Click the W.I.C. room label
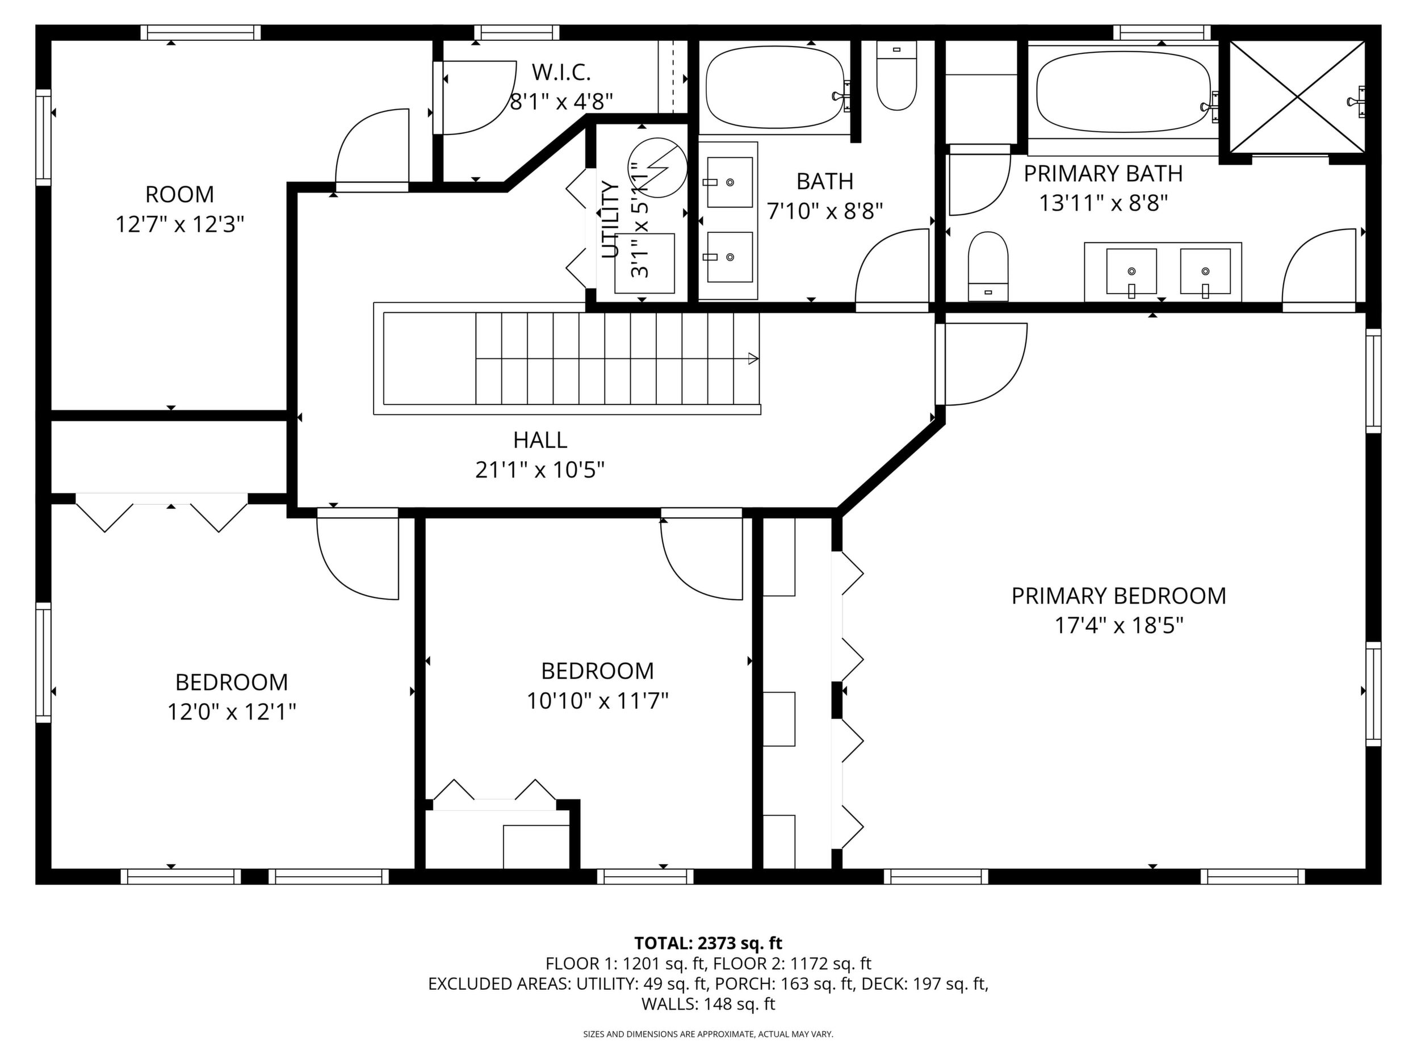pyautogui.click(x=561, y=73)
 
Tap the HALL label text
pyautogui.click(x=540, y=440)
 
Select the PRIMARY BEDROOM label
pyautogui.click(x=1118, y=596)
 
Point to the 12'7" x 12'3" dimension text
pyautogui.click(x=180, y=225)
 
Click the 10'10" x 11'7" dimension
pyautogui.click(x=598, y=701)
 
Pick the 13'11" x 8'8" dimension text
pyautogui.click(x=1103, y=204)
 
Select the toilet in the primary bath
pyautogui.click(x=988, y=266)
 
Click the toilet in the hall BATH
pyautogui.click(x=897, y=76)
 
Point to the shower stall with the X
pyautogui.click(x=1297, y=97)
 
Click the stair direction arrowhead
pyautogui.click(x=753, y=359)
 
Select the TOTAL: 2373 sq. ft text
pyautogui.click(x=708, y=943)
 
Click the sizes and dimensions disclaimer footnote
pyautogui.click(x=708, y=1034)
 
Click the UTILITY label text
pyautogui.click(x=611, y=220)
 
